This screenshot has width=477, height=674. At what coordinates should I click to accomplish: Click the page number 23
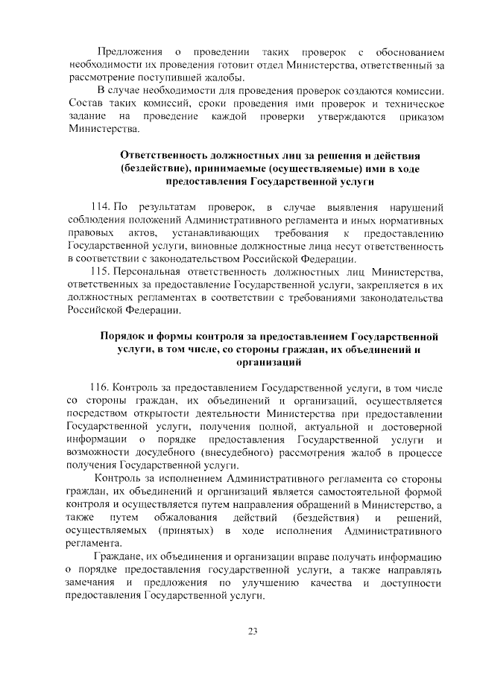(x=252, y=632)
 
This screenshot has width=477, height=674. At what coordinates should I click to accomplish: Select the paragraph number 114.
(x=100, y=206)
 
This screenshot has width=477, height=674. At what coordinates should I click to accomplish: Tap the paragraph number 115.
(x=100, y=270)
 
